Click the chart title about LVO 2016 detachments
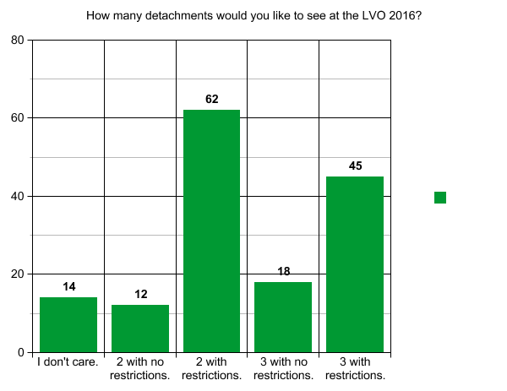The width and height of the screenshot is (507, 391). pos(253,15)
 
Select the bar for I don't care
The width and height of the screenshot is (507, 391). pos(68,324)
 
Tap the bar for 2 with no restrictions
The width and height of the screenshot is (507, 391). pos(140,329)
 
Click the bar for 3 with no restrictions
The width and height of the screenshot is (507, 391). pos(283,317)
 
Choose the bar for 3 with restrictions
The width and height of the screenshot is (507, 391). pos(355,263)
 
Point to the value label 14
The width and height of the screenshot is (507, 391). pos(68,287)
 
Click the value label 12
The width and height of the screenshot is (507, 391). pos(140,295)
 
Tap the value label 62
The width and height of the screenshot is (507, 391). pos(211,100)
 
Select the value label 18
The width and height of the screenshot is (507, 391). pos(283,271)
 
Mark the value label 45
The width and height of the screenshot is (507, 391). pos(355,166)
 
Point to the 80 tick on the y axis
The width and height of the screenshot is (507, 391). pos(17,40)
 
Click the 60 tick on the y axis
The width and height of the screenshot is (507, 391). pos(17,118)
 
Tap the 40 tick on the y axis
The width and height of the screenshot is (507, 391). pos(17,196)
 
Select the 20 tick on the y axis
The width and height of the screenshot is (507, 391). pos(17,274)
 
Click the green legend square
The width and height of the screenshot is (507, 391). pos(440,198)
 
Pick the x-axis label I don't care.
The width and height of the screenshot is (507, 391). pos(68,363)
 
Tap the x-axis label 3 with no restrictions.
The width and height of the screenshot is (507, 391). pos(283,369)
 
